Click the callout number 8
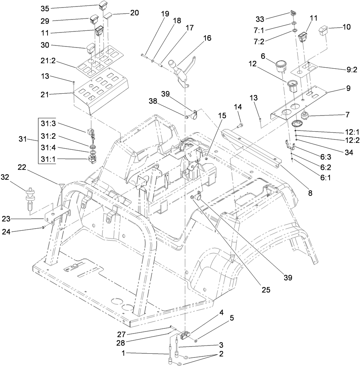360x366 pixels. click(310, 193)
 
